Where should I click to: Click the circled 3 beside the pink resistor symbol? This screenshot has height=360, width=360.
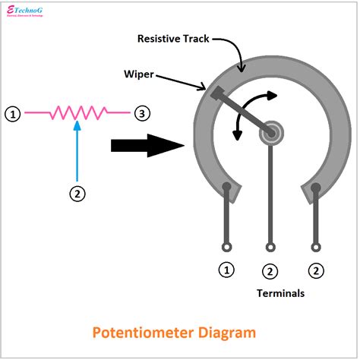click(142, 114)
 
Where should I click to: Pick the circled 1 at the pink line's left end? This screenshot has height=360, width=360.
click(12, 114)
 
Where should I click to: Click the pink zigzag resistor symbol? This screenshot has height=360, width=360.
click(77, 114)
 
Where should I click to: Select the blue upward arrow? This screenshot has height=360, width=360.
click(76, 152)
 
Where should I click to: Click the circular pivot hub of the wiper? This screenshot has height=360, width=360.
click(270, 134)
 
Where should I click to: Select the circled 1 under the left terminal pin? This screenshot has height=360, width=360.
click(226, 269)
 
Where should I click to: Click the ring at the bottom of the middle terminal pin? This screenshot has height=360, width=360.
click(270, 246)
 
